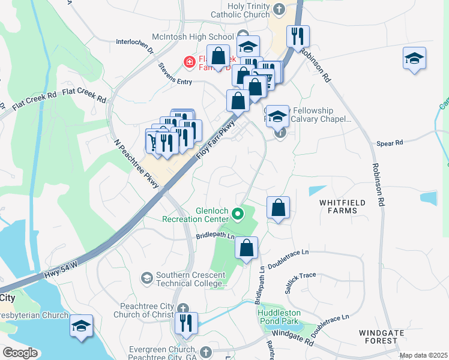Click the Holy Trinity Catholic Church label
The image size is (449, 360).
(241, 10)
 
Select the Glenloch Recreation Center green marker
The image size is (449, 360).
(238, 213)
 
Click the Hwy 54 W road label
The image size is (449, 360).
(61, 269)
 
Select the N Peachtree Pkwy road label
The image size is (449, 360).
(137, 165)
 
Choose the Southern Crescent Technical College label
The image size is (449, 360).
(191, 280)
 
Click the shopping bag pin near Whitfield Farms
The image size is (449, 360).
(279, 208)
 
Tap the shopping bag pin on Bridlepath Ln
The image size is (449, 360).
(247, 248)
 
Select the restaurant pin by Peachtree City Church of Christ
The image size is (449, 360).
(186, 324)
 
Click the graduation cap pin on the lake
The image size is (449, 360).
(81, 326)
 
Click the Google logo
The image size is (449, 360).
(20, 353)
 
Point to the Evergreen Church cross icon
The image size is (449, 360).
(206, 352)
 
